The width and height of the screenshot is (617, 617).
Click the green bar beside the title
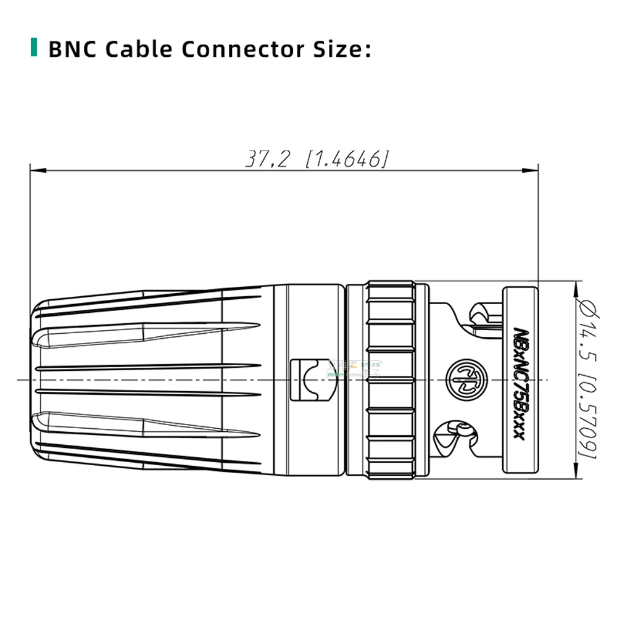click(33, 48)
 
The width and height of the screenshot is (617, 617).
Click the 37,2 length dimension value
click(267, 159)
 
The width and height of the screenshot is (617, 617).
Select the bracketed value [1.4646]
click(347, 159)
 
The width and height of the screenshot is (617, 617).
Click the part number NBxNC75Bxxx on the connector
click(518, 383)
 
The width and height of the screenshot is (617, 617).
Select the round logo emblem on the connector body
click(463, 379)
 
